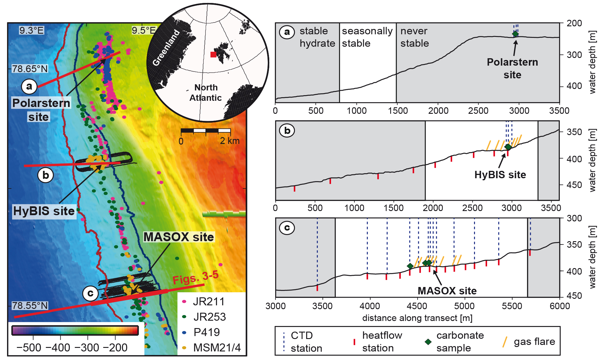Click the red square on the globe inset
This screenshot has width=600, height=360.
click(213, 54)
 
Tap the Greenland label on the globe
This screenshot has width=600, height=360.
click(166, 48)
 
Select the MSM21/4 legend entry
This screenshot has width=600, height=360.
click(217, 348)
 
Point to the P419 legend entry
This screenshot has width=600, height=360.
click(207, 332)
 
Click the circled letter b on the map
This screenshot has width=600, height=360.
click(46, 175)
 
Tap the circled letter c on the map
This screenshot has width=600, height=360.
click(90, 293)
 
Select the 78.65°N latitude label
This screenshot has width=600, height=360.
click(30, 69)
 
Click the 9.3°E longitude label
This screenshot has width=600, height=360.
click(31, 30)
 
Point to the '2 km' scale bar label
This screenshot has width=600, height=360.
click(230, 141)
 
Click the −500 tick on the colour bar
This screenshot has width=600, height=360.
click(29, 348)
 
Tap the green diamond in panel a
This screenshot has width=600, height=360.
click(515, 34)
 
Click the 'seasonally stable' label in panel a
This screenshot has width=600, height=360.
click(367, 37)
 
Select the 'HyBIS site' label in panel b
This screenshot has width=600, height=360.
click(500, 175)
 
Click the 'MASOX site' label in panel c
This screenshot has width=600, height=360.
click(447, 291)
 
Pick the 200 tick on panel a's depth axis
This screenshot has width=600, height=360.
click(574, 23)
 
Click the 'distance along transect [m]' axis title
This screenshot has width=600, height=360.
click(417, 318)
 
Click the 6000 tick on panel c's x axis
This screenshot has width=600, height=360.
click(560, 306)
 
